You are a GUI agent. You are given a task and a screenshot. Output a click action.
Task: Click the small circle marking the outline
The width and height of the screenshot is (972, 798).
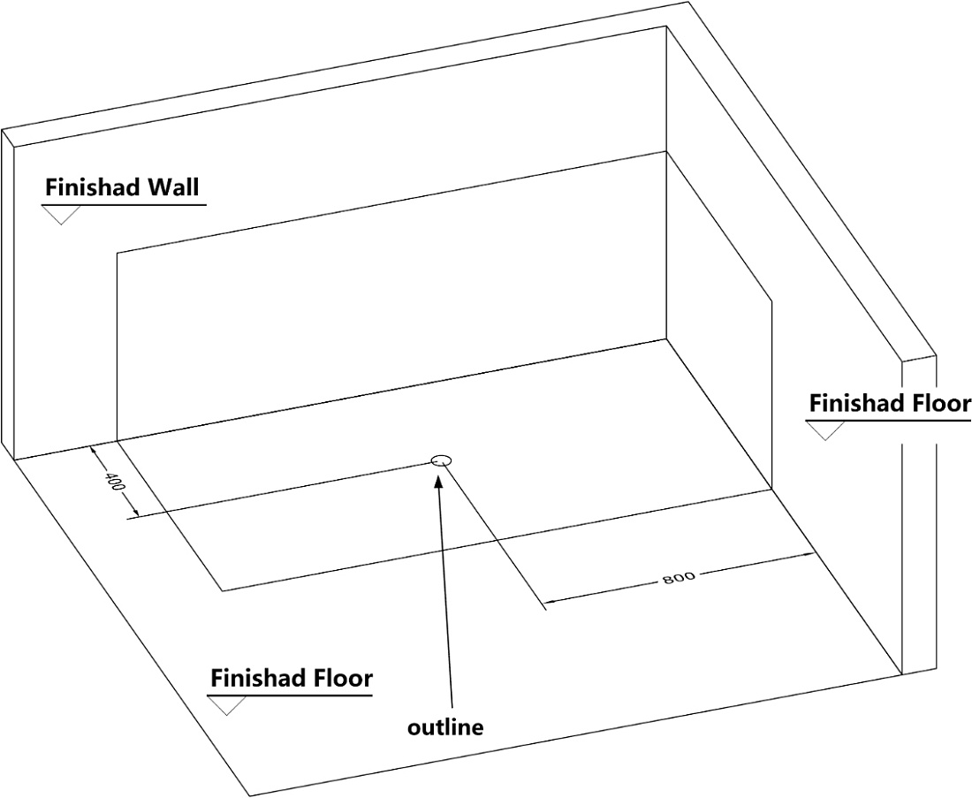pyautogui.click(x=441, y=460)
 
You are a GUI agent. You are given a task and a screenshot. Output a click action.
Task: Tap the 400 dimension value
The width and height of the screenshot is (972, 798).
pyautogui.click(x=115, y=482)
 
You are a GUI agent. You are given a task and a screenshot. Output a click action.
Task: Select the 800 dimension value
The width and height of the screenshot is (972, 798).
pyautogui.click(x=679, y=577)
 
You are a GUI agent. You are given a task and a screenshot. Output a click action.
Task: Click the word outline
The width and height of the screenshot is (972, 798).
pyautogui.click(x=445, y=726)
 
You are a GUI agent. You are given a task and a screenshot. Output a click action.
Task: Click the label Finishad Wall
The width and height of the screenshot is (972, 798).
pyautogui.click(x=122, y=186)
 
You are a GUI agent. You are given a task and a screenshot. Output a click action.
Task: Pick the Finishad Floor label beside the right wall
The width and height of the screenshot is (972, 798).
pyautogui.click(x=890, y=403)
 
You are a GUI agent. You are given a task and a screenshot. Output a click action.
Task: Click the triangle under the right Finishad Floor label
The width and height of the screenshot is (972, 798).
pyautogui.click(x=825, y=430)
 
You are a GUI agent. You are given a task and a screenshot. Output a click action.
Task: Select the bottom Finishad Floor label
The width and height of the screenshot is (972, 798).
pyautogui.click(x=292, y=678)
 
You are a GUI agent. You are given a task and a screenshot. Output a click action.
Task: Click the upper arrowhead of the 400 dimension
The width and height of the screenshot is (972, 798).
pyautogui.click(x=95, y=452)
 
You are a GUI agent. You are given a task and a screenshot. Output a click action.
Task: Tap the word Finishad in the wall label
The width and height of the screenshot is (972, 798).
pyautogui.click(x=93, y=186)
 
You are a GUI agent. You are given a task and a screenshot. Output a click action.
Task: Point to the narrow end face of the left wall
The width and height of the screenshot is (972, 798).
pyautogui.click(x=7, y=294)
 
